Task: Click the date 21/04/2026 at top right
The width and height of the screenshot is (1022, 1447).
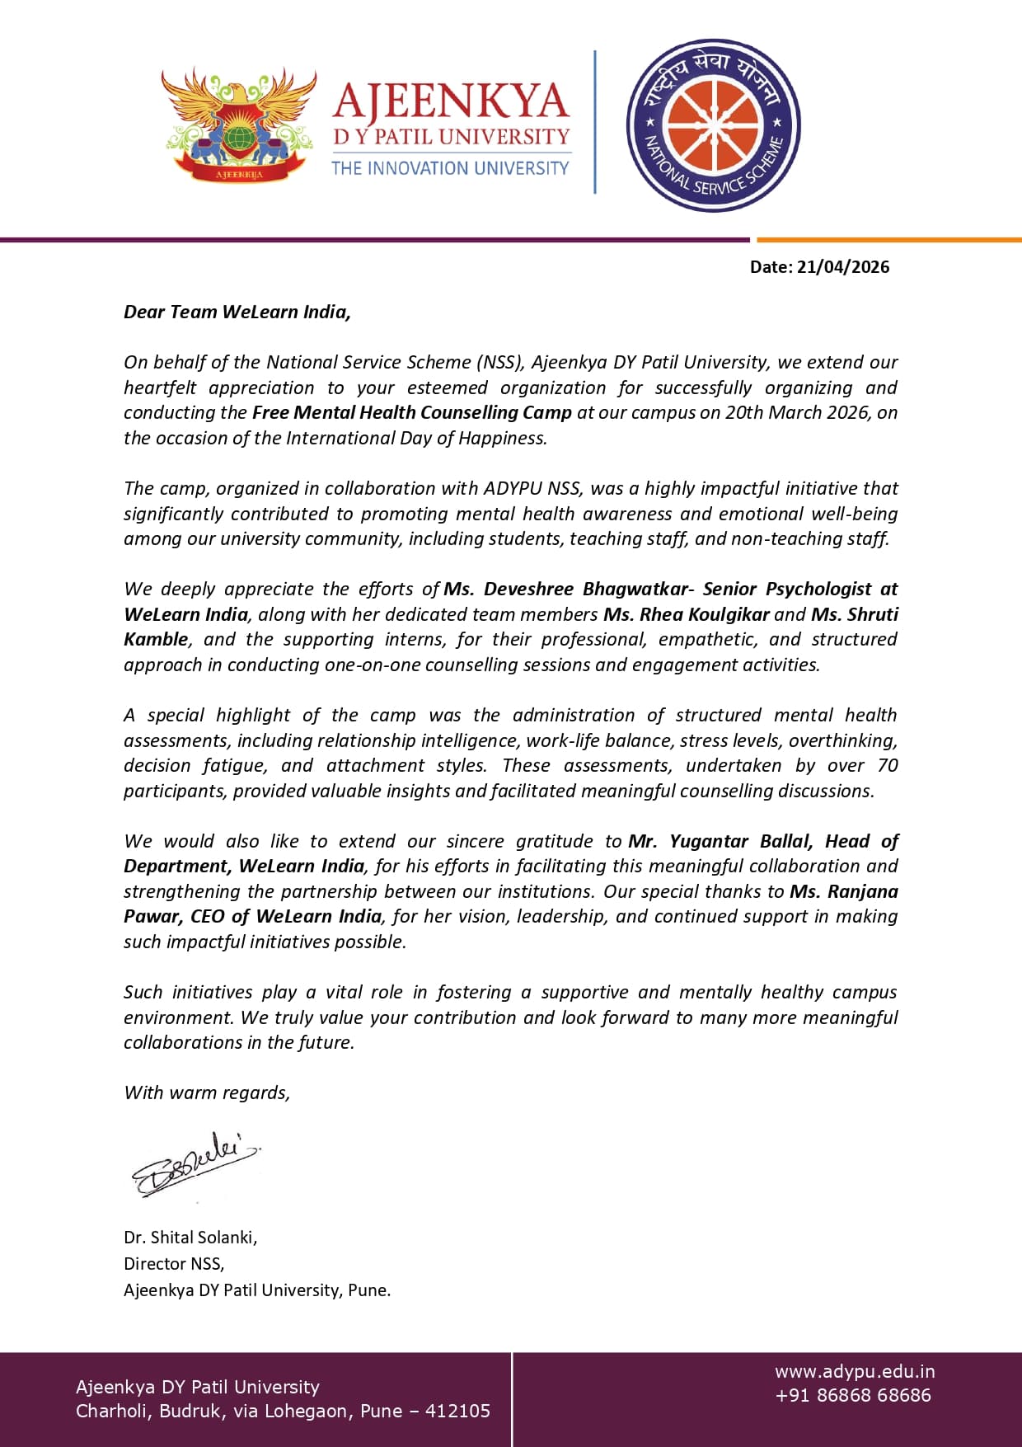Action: tap(842, 267)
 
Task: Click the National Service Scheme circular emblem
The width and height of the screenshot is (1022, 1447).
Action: tap(713, 125)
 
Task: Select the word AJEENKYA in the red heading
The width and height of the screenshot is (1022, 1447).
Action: tap(451, 101)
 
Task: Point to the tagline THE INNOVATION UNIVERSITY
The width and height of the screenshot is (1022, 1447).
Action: tap(450, 168)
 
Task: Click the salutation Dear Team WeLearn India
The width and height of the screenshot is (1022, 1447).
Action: tap(237, 312)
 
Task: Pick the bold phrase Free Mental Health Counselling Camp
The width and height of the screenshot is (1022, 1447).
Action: tap(411, 413)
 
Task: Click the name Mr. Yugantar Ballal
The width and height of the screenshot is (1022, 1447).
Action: tap(720, 842)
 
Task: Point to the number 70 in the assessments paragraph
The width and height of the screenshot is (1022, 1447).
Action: tap(888, 766)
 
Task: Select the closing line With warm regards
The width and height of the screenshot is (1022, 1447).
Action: tap(207, 1093)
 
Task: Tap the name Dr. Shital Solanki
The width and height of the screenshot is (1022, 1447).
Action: tap(190, 1238)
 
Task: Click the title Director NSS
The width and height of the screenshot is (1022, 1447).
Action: tap(173, 1264)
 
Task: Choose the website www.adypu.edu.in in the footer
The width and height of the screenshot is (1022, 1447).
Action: tap(855, 1372)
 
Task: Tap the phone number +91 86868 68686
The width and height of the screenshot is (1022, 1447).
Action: tap(853, 1396)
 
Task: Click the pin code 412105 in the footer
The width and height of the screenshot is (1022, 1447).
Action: tap(457, 1412)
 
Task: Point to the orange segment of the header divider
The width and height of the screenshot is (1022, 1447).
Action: tap(888, 240)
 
